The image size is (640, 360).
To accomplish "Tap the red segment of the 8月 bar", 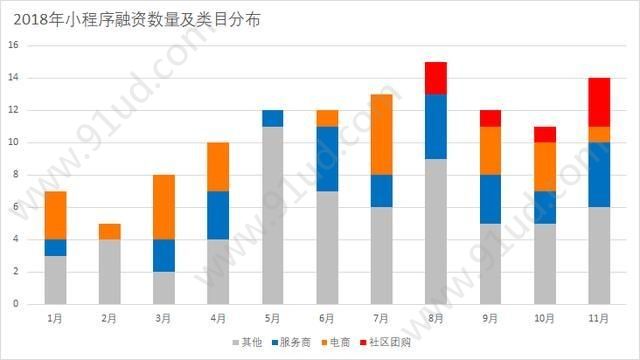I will coord(436,77).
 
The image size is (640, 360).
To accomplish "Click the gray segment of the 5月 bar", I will coord(273,214).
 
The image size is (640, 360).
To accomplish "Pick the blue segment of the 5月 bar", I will coord(273,118).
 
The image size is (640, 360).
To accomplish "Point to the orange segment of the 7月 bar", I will coord(381,134).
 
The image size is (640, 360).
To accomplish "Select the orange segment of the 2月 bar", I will coord(110,231).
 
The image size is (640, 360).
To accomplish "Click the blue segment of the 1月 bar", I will coord(56,247).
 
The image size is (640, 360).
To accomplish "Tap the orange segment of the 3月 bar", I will coord(164,207).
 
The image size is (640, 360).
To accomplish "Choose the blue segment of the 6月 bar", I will coord(327,158).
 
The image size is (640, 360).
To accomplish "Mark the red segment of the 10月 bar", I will coord(544,134).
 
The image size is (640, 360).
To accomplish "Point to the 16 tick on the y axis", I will coord(14,45).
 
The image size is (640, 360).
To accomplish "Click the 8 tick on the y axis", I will coord(16,174).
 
